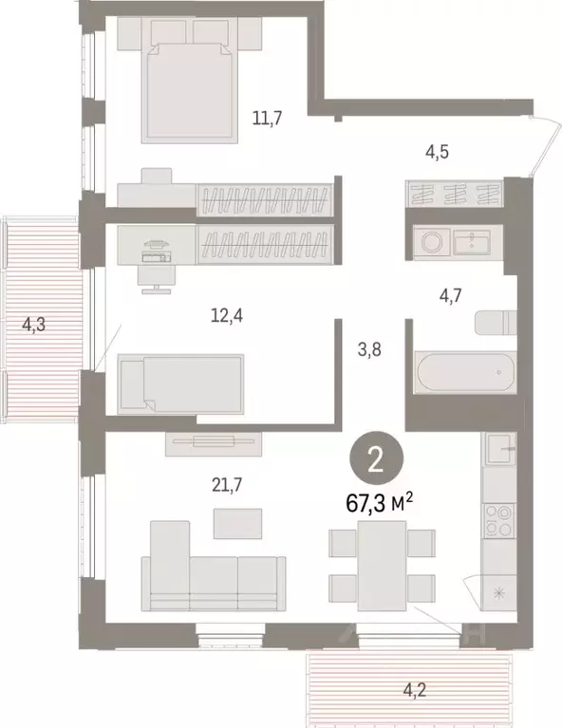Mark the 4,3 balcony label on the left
coord(34,325)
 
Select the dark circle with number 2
coord(376,462)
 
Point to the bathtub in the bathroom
coord(465,373)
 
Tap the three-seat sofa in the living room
coord(214,574)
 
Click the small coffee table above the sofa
coord(236,523)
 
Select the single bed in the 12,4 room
coord(180,383)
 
